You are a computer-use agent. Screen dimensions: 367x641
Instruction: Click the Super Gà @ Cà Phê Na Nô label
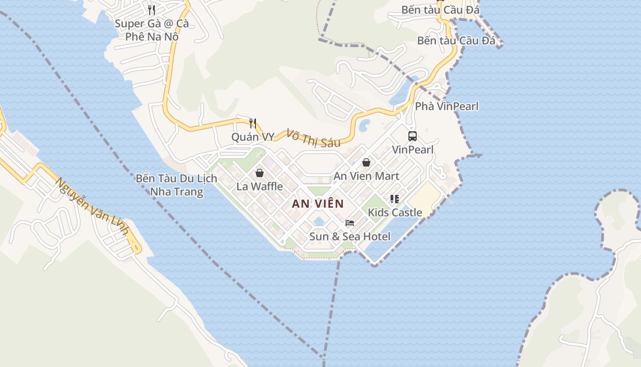pos(152,30)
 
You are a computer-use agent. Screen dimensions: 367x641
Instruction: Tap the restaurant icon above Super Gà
pos(152,10)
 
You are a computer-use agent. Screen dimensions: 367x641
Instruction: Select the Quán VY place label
pos(253,137)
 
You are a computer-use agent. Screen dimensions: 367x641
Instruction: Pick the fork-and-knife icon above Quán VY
pos(252,122)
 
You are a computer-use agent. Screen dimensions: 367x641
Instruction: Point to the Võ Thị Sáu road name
pos(314,138)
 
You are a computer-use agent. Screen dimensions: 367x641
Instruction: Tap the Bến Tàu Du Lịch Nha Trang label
pos(176,185)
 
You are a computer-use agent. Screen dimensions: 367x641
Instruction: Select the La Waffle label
pos(260,187)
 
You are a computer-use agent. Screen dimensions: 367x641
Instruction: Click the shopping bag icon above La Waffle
pos(260,173)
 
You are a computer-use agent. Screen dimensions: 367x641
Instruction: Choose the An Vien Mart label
pos(366,176)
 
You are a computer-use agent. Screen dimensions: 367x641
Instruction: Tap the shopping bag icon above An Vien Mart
pos(366,162)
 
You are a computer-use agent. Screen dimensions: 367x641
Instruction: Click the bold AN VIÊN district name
pos(318,204)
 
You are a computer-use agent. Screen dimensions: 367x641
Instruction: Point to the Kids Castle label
pos(395,212)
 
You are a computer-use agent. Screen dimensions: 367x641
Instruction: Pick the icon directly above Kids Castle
pos(395,199)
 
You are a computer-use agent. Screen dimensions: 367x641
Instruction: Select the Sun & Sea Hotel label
pos(350,237)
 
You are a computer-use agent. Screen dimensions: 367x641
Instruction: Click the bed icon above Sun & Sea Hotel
pos(350,223)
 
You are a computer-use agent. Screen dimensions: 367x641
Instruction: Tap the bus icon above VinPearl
pos(413,136)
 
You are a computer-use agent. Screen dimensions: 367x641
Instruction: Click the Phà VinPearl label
pos(447,106)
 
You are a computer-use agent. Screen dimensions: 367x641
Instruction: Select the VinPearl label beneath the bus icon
pos(413,150)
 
